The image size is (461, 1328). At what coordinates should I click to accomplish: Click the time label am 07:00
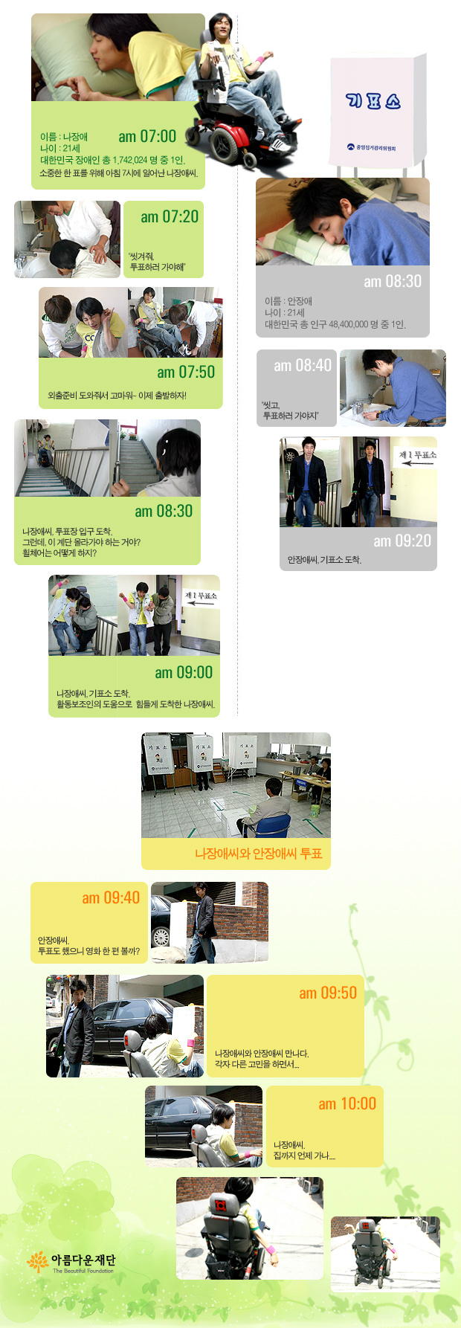[x=147, y=136]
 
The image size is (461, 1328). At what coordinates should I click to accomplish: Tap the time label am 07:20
[x=170, y=216]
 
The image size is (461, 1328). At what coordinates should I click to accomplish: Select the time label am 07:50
[x=186, y=372]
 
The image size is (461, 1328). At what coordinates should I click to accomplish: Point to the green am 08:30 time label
[x=164, y=511]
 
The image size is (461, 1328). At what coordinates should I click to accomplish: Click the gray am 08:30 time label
[x=393, y=281]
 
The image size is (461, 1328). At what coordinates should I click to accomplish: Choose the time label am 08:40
[x=303, y=365]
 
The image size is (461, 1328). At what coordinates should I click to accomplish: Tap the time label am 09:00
[x=184, y=672]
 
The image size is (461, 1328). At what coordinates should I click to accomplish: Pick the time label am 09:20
[x=402, y=541]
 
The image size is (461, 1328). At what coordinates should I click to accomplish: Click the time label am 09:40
[x=111, y=897]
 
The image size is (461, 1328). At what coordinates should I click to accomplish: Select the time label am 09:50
[x=328, y=993]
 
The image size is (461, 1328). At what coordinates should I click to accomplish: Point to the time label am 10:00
[x=347, y=1103]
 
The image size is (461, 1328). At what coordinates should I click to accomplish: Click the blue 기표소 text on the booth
[x=373, y=100]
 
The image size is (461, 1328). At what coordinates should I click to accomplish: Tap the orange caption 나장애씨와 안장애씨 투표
[x=259, y=854]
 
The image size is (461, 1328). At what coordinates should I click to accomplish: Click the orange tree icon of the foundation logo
[x=37, y=1261]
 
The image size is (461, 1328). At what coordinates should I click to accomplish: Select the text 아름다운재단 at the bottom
[x=83, y=1260]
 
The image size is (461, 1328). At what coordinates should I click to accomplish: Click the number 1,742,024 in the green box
[x=130, y=160]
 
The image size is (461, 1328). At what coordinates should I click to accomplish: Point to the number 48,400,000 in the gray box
[x=358, y=324]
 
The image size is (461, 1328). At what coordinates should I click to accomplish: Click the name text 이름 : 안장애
[x=288, y=301]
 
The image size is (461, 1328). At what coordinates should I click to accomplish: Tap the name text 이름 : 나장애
[x=64, y=137]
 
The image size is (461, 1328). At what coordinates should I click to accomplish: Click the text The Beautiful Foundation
[x=83, y=1271]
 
